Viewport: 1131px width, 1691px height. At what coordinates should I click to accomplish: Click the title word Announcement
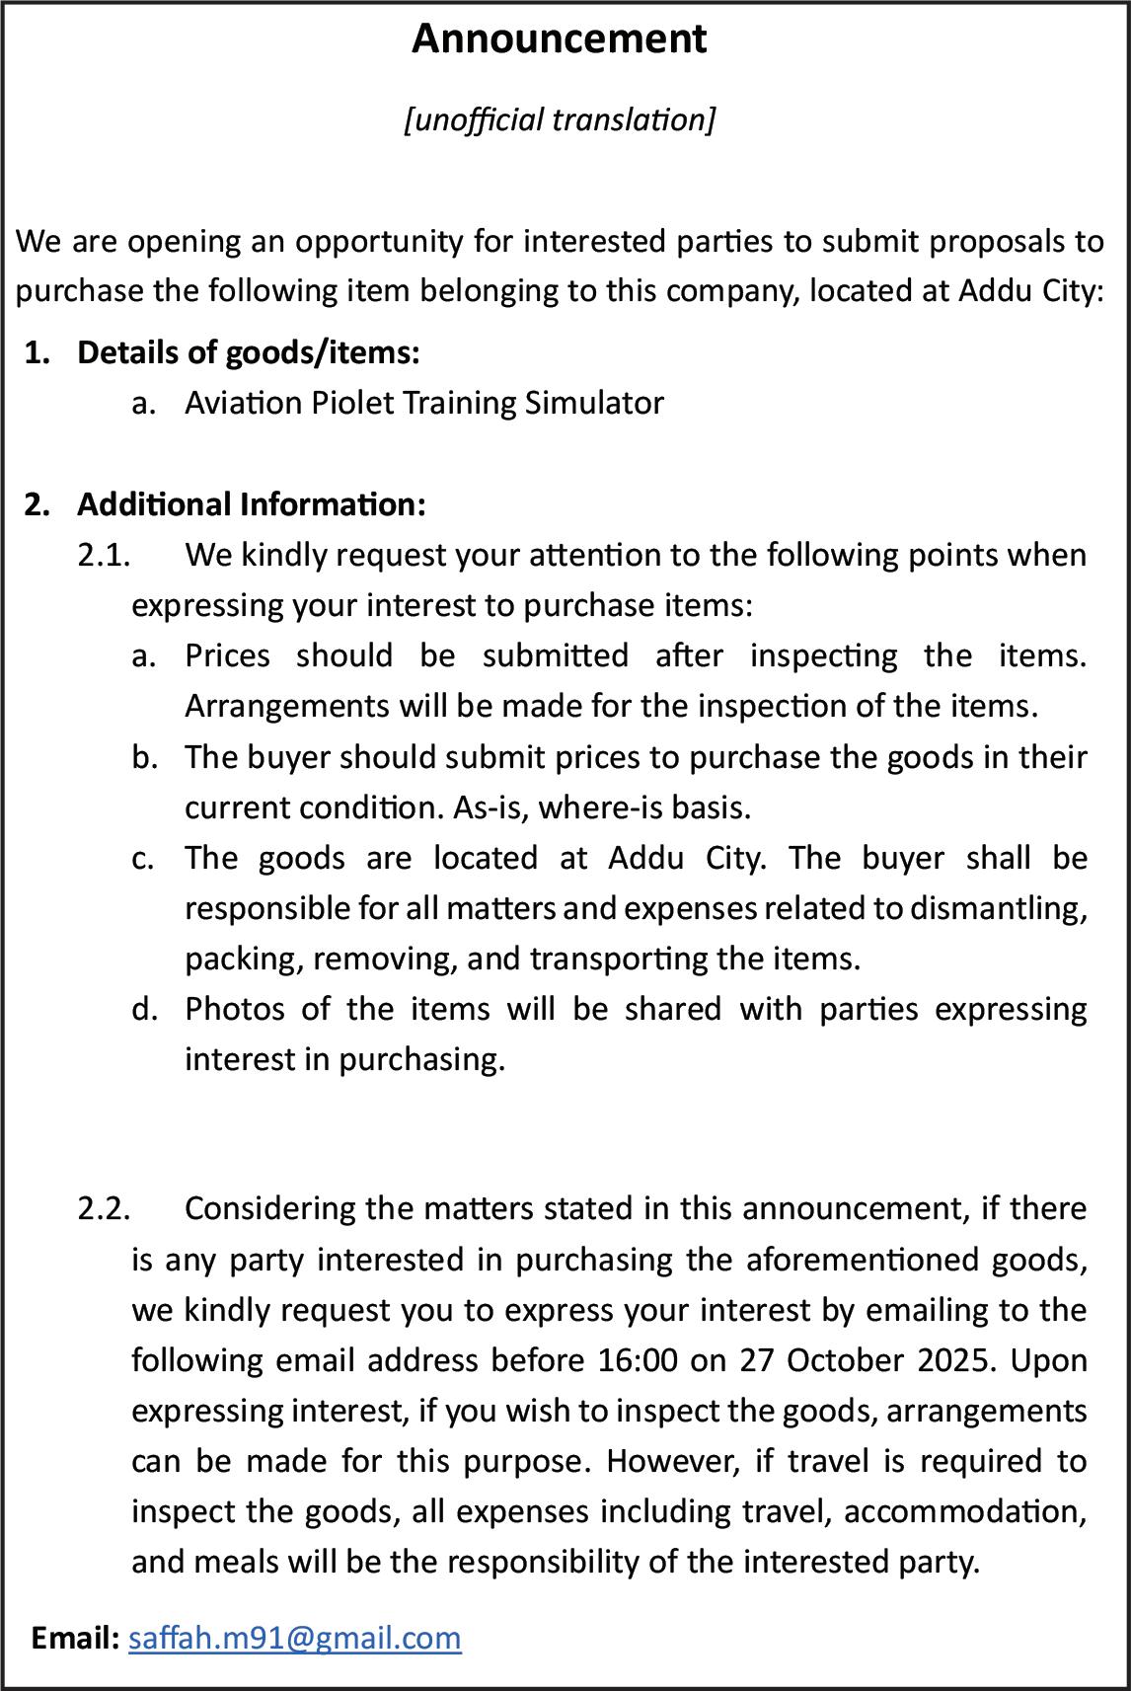pos(559,39)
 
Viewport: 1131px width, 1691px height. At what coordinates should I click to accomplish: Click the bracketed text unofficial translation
pos(559,119)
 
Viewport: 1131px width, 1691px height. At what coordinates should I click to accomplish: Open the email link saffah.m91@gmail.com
pos(295,1638)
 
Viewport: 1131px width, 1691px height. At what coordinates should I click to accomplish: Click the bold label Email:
pos(75,1638)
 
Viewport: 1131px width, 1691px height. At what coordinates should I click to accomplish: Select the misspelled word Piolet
pos(352,403)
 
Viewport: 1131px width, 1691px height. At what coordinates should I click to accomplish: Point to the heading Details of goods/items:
pos(249,352)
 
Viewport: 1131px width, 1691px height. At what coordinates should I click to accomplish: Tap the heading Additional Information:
pos(252,504)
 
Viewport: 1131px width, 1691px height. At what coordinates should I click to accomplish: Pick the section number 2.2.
pos(104,1208)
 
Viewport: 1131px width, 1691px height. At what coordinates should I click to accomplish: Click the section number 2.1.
pos(104,555)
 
